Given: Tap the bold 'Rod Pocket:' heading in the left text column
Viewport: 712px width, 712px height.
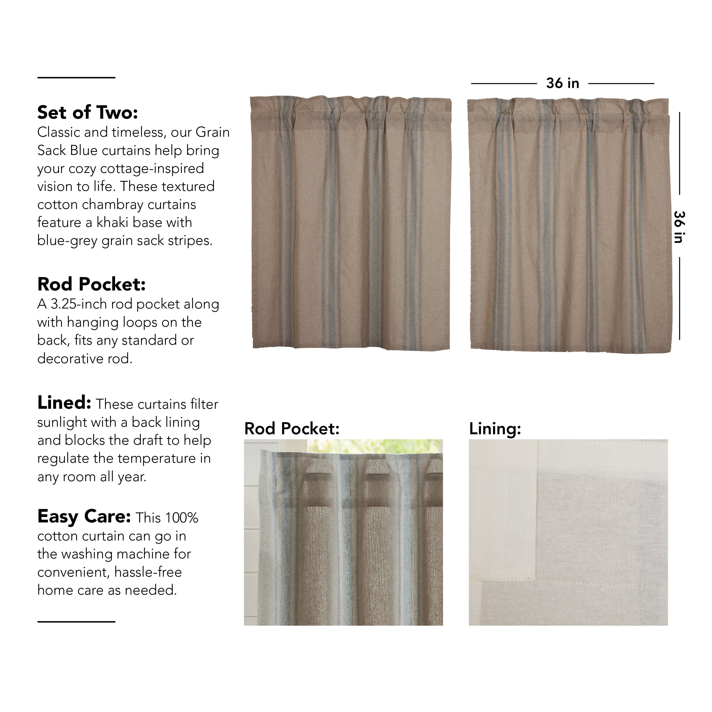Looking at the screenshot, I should pos(91,284).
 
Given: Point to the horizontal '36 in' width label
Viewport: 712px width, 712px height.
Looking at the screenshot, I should pos(562,83).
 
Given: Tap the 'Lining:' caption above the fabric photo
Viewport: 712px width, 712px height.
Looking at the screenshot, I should pos(495,429).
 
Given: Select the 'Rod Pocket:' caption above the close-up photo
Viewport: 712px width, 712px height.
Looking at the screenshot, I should pos(291,429).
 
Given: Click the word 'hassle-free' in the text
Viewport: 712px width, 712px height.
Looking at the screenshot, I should pos(148,572).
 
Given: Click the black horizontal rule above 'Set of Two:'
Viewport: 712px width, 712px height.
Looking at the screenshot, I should pos(76,78).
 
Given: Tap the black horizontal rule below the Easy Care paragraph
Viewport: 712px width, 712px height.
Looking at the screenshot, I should pos(76,622).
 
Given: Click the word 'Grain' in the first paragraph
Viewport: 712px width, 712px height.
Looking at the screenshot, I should pos(213,132).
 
